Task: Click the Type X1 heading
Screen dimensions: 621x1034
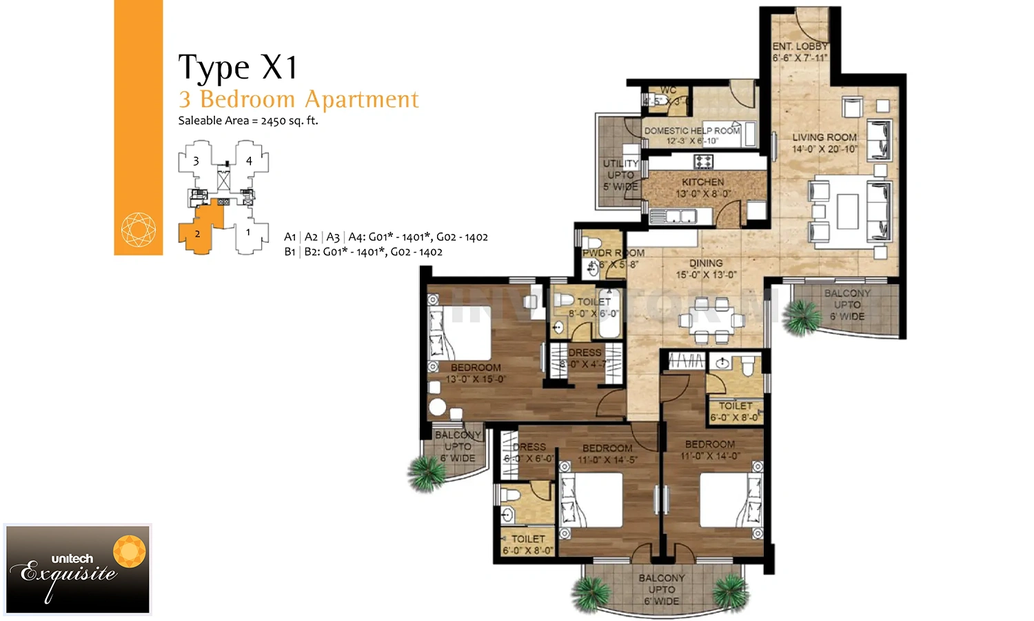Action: point(238,68)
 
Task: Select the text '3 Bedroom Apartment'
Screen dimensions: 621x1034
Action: point(298,99)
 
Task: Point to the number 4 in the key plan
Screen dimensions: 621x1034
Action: point(249,161)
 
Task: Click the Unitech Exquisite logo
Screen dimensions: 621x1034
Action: point(77,569)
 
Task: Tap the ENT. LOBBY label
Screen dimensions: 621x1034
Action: point(800,46)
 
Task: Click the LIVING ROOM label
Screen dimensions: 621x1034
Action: point(824,137)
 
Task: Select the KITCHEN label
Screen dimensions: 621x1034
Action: point(702,181)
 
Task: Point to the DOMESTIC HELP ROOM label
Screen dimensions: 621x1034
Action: point(691,130)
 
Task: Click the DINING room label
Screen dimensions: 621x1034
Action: point(706,263)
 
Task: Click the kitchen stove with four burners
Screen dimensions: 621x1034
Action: point(703,161)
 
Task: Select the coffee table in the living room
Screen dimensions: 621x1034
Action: point(847,210)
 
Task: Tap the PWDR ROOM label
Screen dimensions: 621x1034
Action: point(613,253)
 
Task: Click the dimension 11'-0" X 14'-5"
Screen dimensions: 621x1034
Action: point(607,460)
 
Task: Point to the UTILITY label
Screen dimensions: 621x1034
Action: point(620,164)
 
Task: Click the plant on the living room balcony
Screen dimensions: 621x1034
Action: point(802,317)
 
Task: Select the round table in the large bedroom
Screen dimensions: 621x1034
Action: point(438,406)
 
